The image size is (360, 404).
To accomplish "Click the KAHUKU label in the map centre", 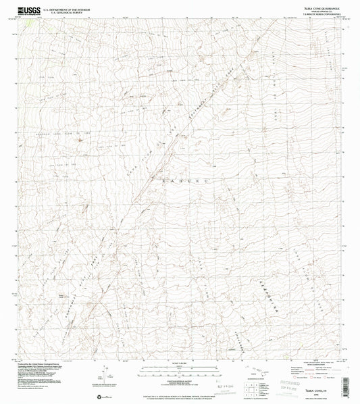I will [177, 180].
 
